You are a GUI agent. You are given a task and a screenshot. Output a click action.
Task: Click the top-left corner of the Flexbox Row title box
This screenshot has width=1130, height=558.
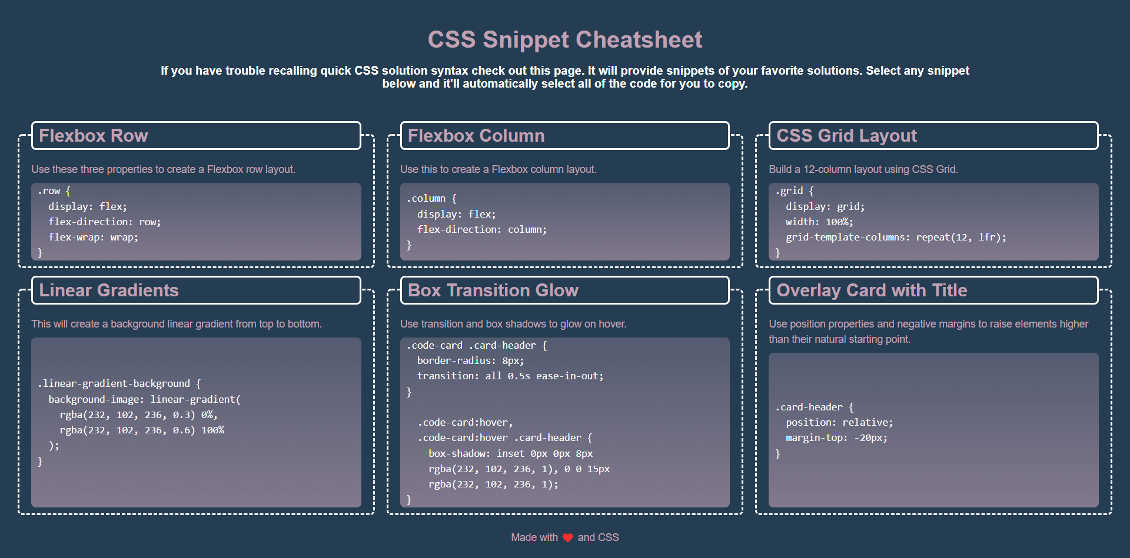pos(32,122)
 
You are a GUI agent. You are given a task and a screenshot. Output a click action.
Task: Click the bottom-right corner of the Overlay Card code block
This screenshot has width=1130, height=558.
pos(1098,507)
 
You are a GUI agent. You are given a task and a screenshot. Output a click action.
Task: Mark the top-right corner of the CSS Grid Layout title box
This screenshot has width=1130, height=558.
pos(1098,122)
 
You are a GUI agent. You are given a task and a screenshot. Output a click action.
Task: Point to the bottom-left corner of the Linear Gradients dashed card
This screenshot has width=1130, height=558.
pos(19,514)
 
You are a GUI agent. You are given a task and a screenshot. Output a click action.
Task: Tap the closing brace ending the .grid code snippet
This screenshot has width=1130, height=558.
pos(777,253)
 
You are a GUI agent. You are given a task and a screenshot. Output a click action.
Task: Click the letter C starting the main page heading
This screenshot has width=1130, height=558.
pos(436,40)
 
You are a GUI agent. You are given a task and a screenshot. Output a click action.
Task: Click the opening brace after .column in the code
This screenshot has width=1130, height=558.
pos(454,199)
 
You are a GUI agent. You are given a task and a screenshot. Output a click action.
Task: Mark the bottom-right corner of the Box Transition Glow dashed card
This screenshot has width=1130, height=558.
pos(742,514)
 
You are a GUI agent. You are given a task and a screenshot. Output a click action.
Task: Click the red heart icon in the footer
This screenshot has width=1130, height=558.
pos(568,537)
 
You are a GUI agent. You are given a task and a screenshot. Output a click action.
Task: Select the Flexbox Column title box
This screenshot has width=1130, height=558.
pos(564,135)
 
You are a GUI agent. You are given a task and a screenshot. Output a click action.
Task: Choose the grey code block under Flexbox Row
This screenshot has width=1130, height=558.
pos(196,222)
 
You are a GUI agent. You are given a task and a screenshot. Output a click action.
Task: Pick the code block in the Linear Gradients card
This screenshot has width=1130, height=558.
pos(196,422)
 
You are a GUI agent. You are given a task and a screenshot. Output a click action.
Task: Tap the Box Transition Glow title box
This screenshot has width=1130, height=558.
pos(564,290)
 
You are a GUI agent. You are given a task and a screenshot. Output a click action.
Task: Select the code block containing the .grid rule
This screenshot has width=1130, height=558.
pos(933,222)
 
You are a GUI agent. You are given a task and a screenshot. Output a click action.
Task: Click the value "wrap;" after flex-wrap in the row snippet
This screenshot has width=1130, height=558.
pos(124,238)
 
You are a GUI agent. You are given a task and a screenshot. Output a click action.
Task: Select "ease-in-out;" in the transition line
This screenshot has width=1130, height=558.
pos(570,376)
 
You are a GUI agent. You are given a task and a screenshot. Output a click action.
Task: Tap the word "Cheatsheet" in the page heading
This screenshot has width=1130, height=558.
pos(639,40)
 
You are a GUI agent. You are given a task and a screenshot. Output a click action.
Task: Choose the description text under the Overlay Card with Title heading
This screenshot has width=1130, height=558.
pos(928,332)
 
